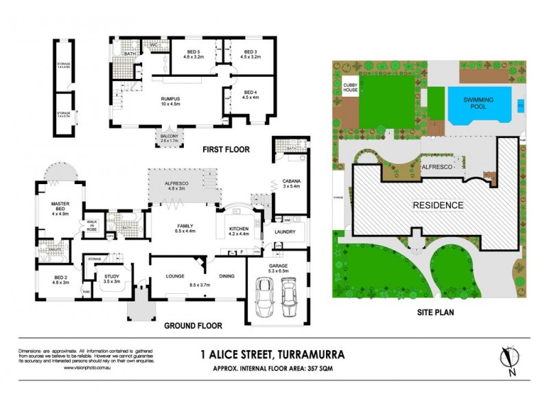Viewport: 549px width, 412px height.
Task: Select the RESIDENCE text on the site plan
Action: (437, 205)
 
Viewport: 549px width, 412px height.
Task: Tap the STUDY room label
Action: (111, 278)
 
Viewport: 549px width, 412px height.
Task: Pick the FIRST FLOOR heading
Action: (225, 149)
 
